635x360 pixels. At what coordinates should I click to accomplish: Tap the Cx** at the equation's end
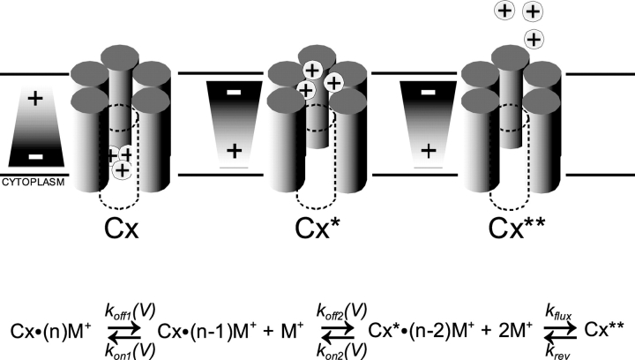pyautogui.click(x=604, y=329)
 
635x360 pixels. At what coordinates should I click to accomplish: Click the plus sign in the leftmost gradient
pyautogui.click(x=34, y=98)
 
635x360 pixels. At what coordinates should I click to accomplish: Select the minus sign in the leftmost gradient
pyautogui.click(x=34, y=155)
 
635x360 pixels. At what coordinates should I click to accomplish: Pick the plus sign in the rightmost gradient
pyautogui.click(x=429, y=151)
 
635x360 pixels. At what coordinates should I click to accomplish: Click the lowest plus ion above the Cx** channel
pyautogui.click(x=534, y=38)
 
